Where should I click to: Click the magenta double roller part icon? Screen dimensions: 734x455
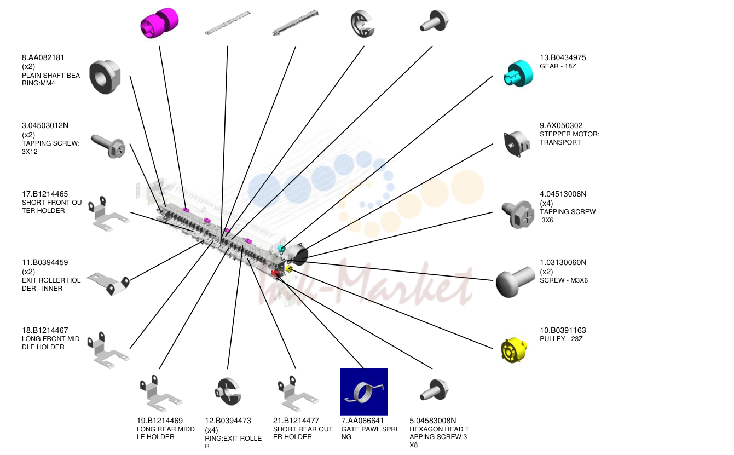(160, 22)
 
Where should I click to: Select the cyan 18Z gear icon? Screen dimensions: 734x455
(518, 74)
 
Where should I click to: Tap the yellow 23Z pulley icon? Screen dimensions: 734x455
(514, 350)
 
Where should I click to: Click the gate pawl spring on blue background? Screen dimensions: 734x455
(364, 391)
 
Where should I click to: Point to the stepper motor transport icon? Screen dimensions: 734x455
(517, 143)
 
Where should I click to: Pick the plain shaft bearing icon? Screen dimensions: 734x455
(105, 77)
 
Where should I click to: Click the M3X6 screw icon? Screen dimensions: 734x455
(515, 281)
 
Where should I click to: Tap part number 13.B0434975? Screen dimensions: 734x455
(563, 57)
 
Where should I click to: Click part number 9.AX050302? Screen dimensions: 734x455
(561, 125)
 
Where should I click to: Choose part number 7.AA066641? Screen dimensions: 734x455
(362, 421)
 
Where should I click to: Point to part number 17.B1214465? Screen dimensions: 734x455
(45, 194)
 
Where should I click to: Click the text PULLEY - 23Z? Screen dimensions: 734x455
(561, 339)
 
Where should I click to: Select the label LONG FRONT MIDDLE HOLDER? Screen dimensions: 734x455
(51, 343)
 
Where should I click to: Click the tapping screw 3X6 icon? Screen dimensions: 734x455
(518, 215)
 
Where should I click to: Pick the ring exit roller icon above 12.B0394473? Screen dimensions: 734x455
(228, 391)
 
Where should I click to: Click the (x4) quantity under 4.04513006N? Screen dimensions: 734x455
(546, 203)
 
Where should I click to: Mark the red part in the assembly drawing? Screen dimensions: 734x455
(275, 273)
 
